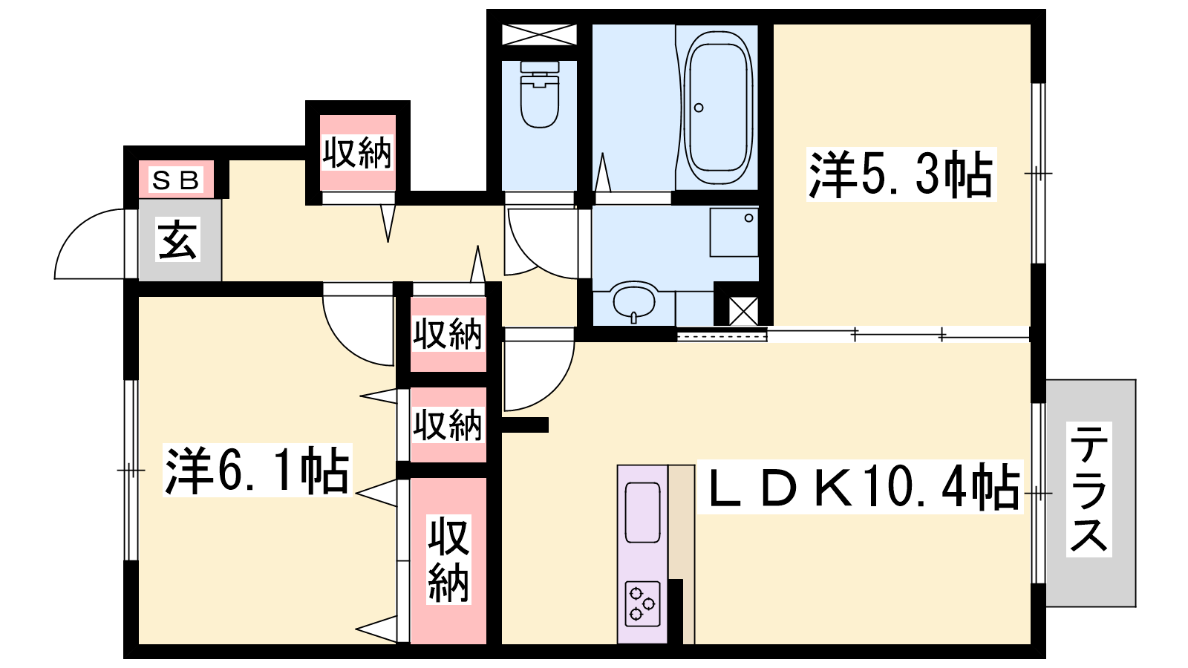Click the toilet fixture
pyautogui.click(x=540, y=94)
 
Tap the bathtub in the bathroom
pyautogui.click(x=718, y=107)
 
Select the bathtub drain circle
pyautogui.click(x=699, y=108)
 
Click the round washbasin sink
pyautogui.click(x=634, y=301)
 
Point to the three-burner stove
pyautogui.click(x=643, y=603)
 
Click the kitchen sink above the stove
pyautogui.click(x=643, y=512)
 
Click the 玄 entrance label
pyautogui.click(x=177, y=240)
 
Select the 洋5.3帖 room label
pyautogui.click(x=901, y=174)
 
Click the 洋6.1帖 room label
pyautogui.click(x=258, y=470)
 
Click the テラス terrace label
pyautogui.click(x=1089, y=490)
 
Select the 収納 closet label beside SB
pyautogui.click(x=357, y=153)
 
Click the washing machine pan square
pyautogui.click(x=734, y=232)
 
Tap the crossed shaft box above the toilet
pyautogui.click(x=539, y=34)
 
